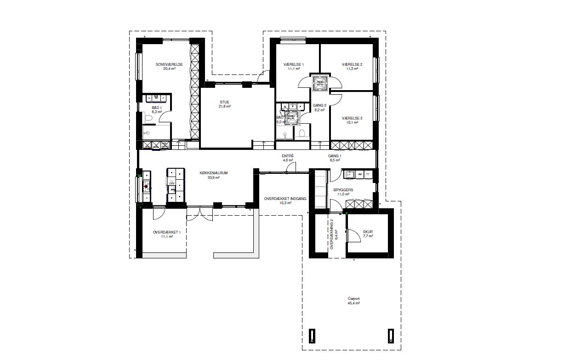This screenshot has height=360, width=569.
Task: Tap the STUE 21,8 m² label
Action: point(224,103)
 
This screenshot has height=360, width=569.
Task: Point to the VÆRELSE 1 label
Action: point(294,64)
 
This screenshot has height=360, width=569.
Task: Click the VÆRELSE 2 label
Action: point(352,64)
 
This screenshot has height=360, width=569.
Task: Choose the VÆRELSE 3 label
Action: point(352,118)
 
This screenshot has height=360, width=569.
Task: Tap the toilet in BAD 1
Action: point(148,118)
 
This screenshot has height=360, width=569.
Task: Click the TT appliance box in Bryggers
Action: point(368,175)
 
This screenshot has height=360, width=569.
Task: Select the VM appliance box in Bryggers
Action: point(359,175)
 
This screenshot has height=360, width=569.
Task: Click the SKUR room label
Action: point(368,232)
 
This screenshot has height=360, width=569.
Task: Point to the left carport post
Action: point(313,336)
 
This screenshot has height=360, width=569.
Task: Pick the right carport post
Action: point(391,336)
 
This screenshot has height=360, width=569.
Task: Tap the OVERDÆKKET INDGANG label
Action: point(285,199)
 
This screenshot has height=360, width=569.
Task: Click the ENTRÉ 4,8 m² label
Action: point(288,156)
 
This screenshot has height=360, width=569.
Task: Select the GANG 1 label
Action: point(334,156)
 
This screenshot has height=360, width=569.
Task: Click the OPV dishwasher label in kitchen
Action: point(172,183)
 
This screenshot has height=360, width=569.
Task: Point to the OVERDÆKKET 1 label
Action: point(166,233)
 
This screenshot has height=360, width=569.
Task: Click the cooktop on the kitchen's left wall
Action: point(147,186)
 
